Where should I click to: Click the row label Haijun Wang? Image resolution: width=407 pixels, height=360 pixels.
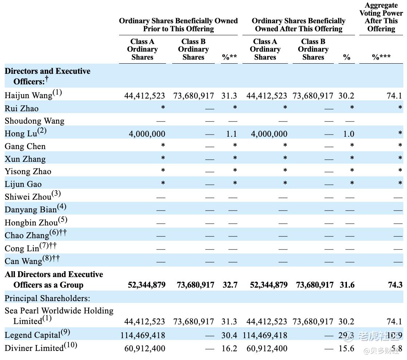pyautogui.click(x=28, y=96)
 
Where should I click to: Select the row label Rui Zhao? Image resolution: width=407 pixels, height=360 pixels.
pyautogui.click(x=21, y=108)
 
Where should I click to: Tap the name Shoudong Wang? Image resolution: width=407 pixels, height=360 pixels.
pyautogui.click(x=35, y=121)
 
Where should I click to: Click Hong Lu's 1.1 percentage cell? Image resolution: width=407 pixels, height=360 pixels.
pyautogui.click(x=231, y=134)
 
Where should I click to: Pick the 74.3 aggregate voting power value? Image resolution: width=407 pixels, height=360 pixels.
pyautogui.click(x=395, y=285)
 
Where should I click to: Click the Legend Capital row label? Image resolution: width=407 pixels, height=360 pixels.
pyautogui.click(x=33, y=335)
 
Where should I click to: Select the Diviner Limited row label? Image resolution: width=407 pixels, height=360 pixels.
pyautogui.click(x=34, y=348)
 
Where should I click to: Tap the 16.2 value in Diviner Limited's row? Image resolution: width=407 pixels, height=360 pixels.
pyautogui.click(x=229, y=348)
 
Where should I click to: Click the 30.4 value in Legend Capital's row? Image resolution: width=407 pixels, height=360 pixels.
pyautogui.click(x=229, y=335)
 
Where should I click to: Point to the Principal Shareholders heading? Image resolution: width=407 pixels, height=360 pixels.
pyautogui.click(x=47, y=299)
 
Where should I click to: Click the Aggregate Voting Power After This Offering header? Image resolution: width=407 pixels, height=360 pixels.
pyautogui.click(x=381, y=17)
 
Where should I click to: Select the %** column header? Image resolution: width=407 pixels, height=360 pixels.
pyautogui.click(x=229, y=57)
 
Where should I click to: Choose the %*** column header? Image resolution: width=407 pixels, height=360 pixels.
pyautogui.click(x=381, y=57)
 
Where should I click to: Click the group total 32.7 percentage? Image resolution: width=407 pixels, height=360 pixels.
pyautogui.click(x=230, y=285)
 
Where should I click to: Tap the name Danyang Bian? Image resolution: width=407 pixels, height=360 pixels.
pyautogui.click(x=31, y=210)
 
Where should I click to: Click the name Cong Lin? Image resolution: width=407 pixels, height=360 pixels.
pyautogui.click(x=22, y=249)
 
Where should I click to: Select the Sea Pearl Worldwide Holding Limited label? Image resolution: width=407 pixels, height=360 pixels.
pyautogui.click(x=59, y=316)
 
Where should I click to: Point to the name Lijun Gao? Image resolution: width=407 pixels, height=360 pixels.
pyautogui.click(x=23, y=184)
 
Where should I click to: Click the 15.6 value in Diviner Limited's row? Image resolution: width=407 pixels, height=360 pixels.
pyautogui.click(x=347, y=348)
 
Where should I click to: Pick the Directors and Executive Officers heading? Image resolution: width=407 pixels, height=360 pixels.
pyautogui.click(x=47, y=76)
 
